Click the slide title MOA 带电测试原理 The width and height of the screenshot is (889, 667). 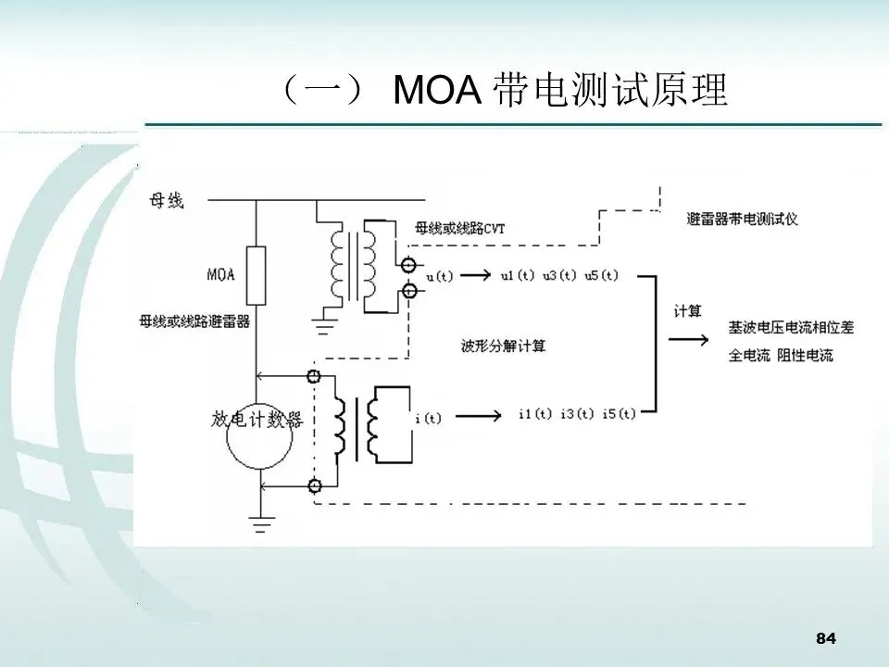[x=505, y=91]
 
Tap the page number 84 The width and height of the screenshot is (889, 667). [x=826, y=638]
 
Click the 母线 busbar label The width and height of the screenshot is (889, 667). [x=167, y=200]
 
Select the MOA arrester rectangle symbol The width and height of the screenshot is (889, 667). [x=256, y=272]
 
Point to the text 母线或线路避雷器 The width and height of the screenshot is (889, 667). [x=194, y=321]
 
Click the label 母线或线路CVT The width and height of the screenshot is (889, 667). [x=459, y=228]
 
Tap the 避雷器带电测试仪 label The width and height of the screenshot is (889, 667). [x=744, y=220]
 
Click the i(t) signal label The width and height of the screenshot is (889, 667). [x=428, y=419]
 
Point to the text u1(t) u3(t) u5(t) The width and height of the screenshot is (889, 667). [x=558, y=276]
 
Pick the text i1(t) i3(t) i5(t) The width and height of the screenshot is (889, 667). [x=577, y=414]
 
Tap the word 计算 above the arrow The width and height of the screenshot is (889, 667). [x=686, y=310]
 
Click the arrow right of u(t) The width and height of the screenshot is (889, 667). [x=473, y=276]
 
